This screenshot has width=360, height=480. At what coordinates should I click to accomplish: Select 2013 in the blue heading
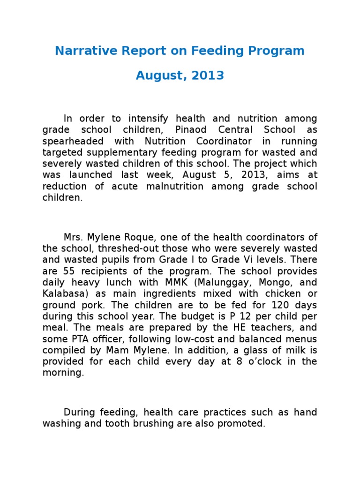coord(210,75)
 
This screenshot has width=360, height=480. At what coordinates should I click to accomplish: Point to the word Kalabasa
coord(61,293)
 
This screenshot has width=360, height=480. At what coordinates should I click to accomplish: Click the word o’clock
coord(261,361)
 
